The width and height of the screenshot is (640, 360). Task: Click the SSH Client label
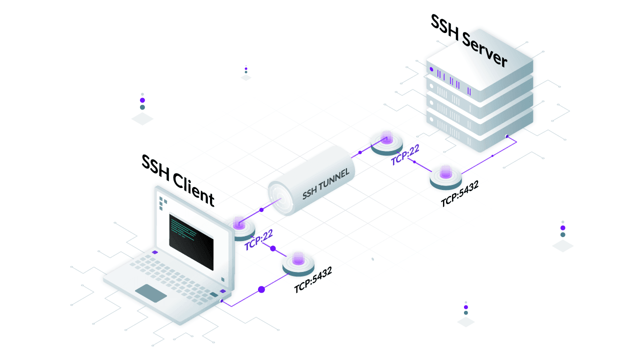(177, 180)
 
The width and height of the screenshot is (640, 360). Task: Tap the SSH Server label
(468, 41)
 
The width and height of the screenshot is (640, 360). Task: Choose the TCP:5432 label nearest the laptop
(313, 282)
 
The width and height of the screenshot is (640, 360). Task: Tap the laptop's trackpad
(151, 293)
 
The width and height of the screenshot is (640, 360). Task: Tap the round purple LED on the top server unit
(431, 69)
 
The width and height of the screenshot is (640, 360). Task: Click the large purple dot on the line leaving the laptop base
(261, 289)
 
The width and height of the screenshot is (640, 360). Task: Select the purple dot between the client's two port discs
(273, 248)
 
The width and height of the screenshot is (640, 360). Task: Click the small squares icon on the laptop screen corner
(162, 203)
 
